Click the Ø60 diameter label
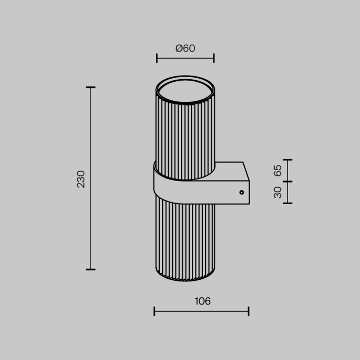[185, 49]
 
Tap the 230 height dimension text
[81, 178]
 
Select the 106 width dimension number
[203, 301]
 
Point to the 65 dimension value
[278, 170]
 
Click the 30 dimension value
[278, 192]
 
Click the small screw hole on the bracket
[241, 192]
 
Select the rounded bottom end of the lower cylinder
[185, 277]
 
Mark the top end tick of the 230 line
[91, 87]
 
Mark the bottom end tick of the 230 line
[91, 269]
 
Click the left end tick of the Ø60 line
[157, 58]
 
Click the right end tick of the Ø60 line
[214, 58]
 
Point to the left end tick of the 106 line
[154, 311]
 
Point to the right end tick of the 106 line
[249, 311]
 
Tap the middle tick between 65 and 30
[287, 181]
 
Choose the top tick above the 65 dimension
[287, 159]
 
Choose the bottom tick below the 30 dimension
[287, 203]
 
